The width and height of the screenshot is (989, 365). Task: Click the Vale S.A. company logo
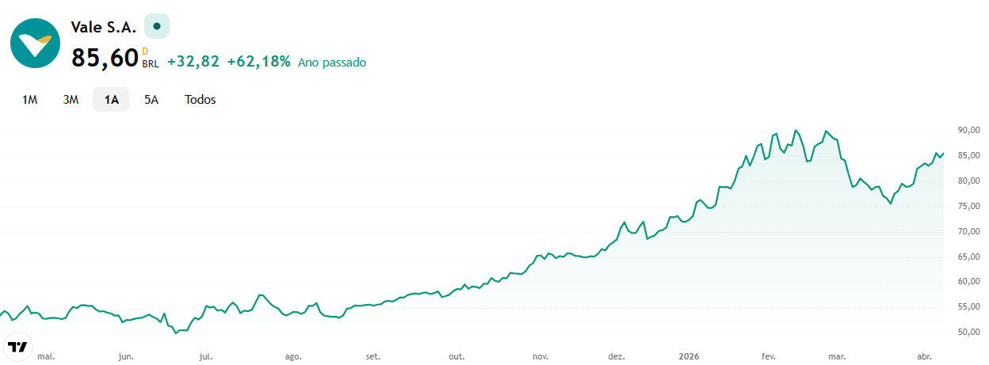tap(36, 44)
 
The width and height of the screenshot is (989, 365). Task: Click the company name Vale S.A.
tap(103, 28)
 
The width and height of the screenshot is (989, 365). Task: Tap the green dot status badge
tap(157, 26)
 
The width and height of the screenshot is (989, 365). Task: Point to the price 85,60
tap(105, 58)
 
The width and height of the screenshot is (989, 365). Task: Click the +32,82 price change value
tap(193, 61)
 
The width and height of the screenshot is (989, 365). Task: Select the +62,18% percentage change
tap(258, 61)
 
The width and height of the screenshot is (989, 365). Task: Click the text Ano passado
tap(332, 63)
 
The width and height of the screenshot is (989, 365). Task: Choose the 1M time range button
tap(30, 100)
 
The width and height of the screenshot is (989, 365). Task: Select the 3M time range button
tap(71, 100)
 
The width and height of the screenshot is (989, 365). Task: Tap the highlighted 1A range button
tap(111, 100)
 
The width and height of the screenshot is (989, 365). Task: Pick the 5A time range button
tap(151, 100)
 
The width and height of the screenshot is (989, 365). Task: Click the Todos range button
tap(200, 100)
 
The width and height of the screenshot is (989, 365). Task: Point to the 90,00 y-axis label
tap(968, 130)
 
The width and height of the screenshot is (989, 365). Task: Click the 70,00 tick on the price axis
tap(968, 231)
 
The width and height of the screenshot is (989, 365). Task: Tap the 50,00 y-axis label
tap(968, 332)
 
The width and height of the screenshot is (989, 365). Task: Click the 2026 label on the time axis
tap(689, 356)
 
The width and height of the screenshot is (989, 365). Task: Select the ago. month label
tap(293, 356)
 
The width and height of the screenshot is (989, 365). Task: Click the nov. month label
tap(540, 356)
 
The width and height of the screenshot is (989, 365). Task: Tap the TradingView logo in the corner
tap(18, 347)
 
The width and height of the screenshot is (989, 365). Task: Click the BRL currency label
tap(151, 64)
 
